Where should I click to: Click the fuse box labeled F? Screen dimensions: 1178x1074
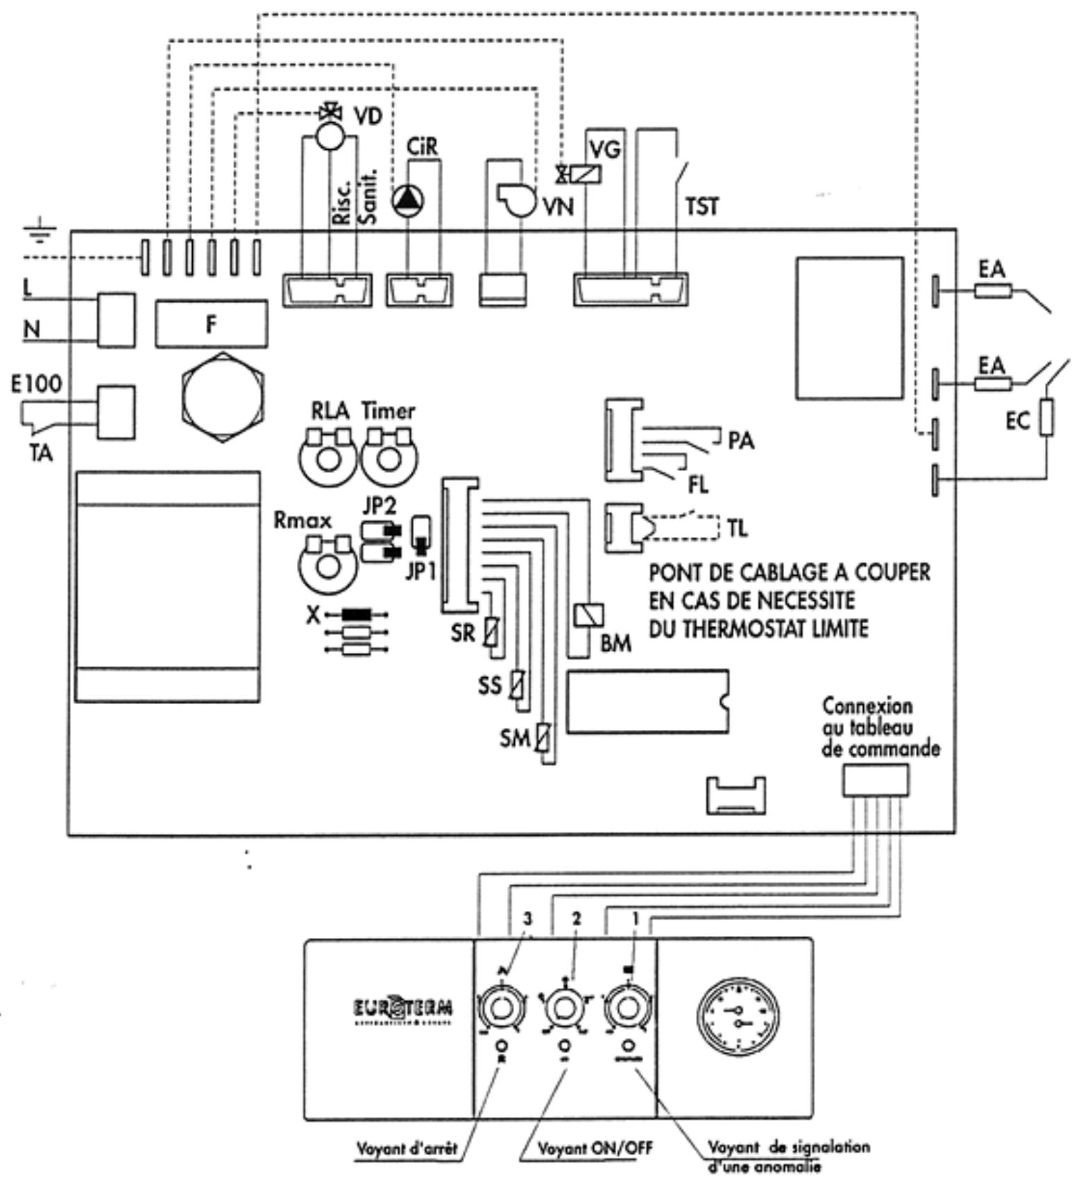tap(211, 324)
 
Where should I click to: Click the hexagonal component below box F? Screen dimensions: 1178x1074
tap(222, 398)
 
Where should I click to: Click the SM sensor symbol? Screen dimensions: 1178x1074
tap(543, 740)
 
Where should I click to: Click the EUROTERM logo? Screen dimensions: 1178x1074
tap(403, 1007)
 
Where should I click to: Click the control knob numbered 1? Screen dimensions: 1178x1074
tap(629, 1008)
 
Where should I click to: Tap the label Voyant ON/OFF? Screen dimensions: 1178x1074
tap(595, 1148)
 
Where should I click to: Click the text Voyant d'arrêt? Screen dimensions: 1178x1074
tap(407, 1148)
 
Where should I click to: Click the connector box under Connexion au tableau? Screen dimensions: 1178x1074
tap(875, 780)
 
